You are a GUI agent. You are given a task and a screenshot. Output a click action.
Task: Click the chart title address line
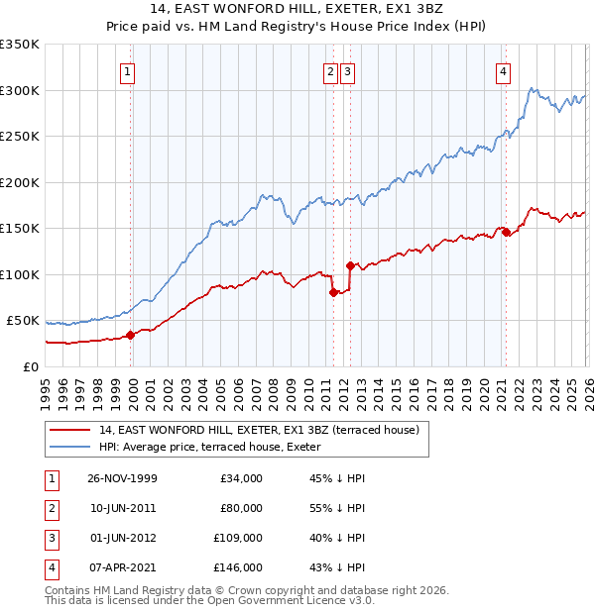pyautogui.click(x=297, y=9)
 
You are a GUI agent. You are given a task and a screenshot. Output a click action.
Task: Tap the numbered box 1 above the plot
pyautogui.click(x=130, y=71)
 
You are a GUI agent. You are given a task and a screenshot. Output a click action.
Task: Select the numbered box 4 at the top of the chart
pyautogui.click(x=504, y=71)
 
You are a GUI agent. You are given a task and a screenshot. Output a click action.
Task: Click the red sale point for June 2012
pyautogui.click(x=350, y=265)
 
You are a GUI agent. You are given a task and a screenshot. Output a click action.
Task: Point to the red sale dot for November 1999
pyautogui.click(x=131, y=335)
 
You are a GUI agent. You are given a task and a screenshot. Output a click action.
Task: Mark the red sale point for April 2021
pyautogui.click(x=506, y=232)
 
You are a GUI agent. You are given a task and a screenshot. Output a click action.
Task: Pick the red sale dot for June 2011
pyautogui.click(x=333, y=292)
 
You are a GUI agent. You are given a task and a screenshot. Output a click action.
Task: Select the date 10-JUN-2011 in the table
pyautogui.click(x=122, y=507)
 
